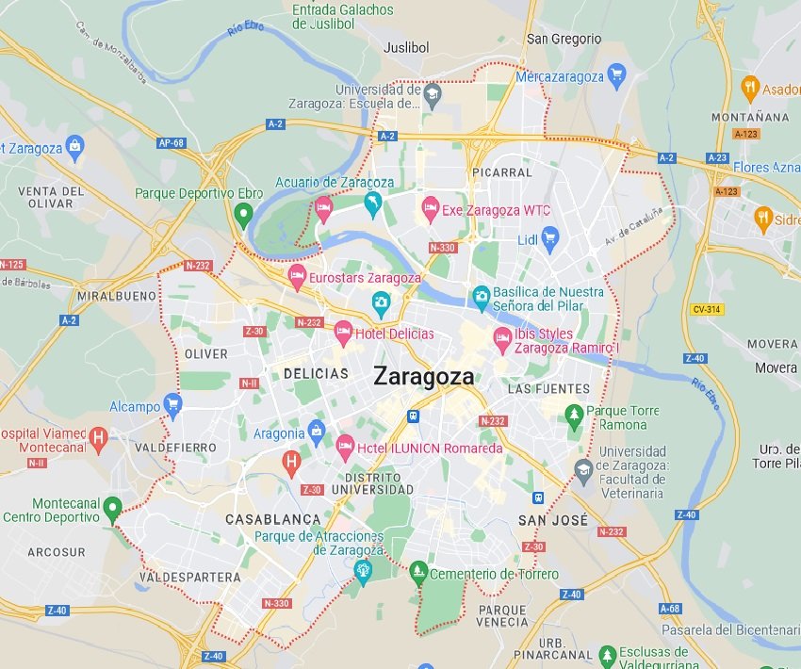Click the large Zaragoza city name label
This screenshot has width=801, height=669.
tap(423, 375)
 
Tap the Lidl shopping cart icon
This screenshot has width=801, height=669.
tap(550, 239)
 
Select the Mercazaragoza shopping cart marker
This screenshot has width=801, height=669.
tap(617, 75)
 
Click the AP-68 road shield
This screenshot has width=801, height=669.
tap(171, 143)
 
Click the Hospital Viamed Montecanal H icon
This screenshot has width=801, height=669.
tap(98, 437)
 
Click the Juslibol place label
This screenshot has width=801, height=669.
tap(406, 46)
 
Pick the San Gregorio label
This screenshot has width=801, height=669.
tap(564, 39)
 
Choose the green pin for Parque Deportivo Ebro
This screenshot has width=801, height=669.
tap(243, 215)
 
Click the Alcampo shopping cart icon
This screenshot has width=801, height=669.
tap(172, 406)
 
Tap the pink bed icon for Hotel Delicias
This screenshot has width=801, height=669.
tap(343, 332)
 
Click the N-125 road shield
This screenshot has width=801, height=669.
tap(11, 265)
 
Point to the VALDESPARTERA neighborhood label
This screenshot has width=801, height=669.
tap(189, 577)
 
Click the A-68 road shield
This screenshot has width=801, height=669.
tap(670, 608)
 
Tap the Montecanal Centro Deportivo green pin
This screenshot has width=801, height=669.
tap(112, 509)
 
